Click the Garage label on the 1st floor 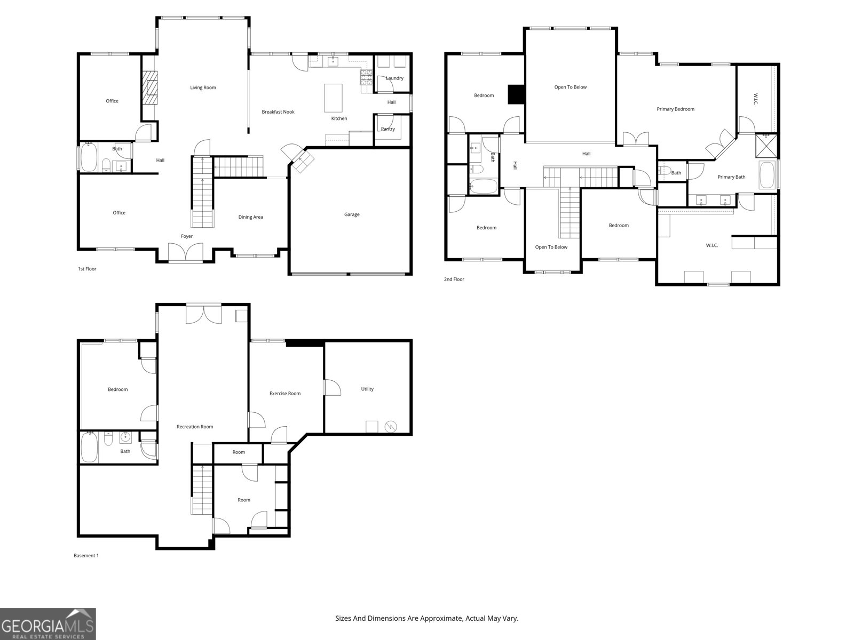(x=352, y=214)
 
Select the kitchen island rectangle (x=333, y=98)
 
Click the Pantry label (x=388, y=129)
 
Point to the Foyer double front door (x=186, y=252)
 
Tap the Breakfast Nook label (x=278, y=112)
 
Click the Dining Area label (x=250, y=217)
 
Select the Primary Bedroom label (x=675, y=109)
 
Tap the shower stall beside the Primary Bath (x=766, y=145)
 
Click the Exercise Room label (x=285, y=394)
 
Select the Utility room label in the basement (x=367, y=389)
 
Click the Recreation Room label (x=195, y=427)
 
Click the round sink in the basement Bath (x=126, y=438)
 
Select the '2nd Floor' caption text (x=454, y=279)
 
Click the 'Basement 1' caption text (x=86, y=556)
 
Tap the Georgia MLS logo (x=48, y=624)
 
